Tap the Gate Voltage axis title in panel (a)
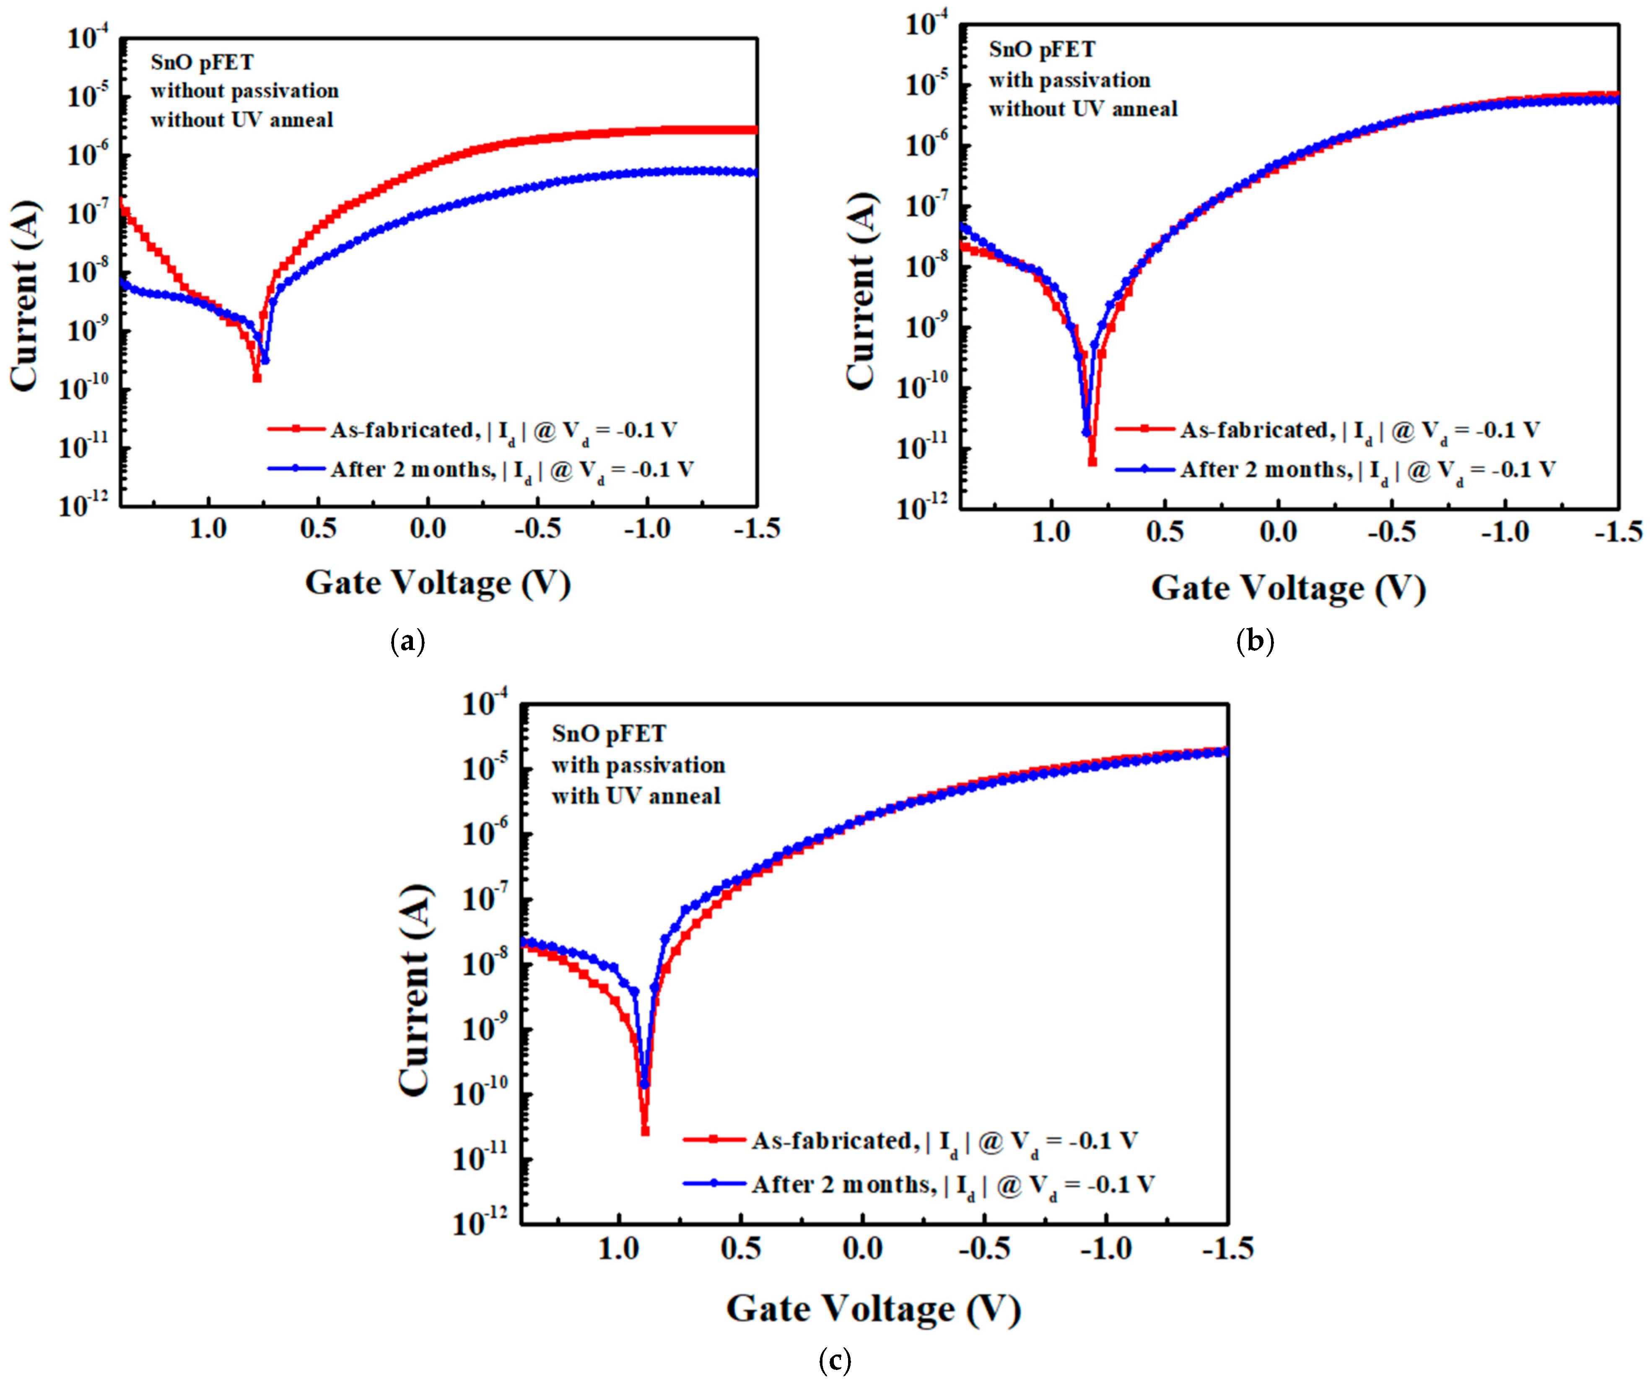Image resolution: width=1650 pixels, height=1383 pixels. tap(438, 583)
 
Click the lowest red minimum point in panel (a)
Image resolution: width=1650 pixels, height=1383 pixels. tap(257, 378)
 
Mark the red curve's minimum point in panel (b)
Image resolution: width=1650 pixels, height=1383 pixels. tap(1092, 462)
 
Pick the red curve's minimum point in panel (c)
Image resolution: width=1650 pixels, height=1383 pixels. tap(645, 1131)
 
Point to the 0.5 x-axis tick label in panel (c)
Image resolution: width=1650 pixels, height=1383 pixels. tap(741, 1249)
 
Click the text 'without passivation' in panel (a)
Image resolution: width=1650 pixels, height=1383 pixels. tap(244, 91)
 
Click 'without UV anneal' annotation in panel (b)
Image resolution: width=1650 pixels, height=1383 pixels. tap(1083, 109)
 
